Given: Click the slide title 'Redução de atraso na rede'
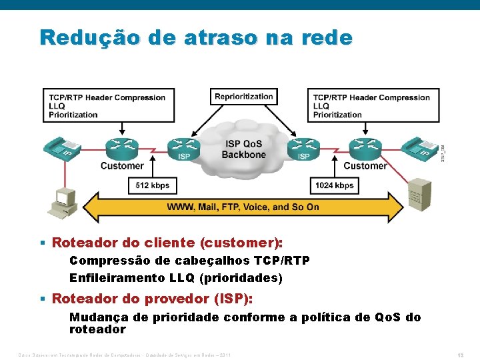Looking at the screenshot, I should (195, 37).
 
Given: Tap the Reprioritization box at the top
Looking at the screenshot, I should (244, 97).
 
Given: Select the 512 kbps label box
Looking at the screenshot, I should (153, 185).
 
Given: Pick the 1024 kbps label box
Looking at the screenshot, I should (335, 185).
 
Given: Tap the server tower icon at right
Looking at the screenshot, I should (419, 193).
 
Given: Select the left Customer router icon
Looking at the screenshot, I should (121, 147).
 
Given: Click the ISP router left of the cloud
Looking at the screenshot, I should (183, 147).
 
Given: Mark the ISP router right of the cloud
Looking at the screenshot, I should (303, 147).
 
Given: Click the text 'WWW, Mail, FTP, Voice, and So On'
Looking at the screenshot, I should (243, 207).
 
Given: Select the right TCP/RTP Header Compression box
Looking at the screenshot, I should (371, 105).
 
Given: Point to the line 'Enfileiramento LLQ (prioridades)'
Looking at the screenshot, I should (176, 277).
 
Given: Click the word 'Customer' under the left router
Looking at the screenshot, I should (122, 166).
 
